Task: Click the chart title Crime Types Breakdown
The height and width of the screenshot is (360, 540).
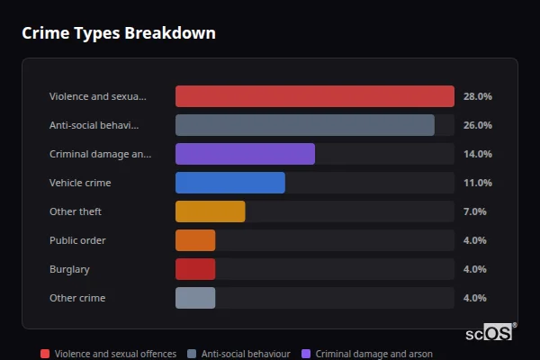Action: (x=118, y=33)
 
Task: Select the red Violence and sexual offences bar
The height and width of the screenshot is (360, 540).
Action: (x=314, y=96)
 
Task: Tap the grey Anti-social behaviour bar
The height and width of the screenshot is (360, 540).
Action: (x=304, y=125)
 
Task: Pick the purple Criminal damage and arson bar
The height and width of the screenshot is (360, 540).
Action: (x=245, y=154)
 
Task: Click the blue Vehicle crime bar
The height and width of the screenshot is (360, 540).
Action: (x=229, y=183)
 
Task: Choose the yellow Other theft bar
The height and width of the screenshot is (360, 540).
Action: (x=210, y=211)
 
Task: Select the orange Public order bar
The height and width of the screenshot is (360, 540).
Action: (x=195, y=240)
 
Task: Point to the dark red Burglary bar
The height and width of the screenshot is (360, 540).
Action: (x=195, y=269)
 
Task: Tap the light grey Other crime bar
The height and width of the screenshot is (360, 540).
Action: (x=195, y=298)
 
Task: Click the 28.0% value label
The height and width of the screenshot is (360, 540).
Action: (x=477, y=96)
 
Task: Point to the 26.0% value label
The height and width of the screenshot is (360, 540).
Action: (x=477, y=125)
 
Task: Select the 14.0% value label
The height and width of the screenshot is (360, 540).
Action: (x=477, y=154)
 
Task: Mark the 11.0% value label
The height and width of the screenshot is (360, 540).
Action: (x=477, y=183)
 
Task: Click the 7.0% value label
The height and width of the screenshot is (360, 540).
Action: (x=474, y=211)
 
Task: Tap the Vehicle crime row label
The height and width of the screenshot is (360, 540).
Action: (x=80, y=183)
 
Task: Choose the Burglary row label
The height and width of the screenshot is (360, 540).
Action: (x=69, y=269)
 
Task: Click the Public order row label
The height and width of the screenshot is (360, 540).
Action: (x=77, y=240)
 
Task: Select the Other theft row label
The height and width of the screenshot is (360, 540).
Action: (x=76, y=211)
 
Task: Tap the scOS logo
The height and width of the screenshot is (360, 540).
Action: (x=490, y=332)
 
